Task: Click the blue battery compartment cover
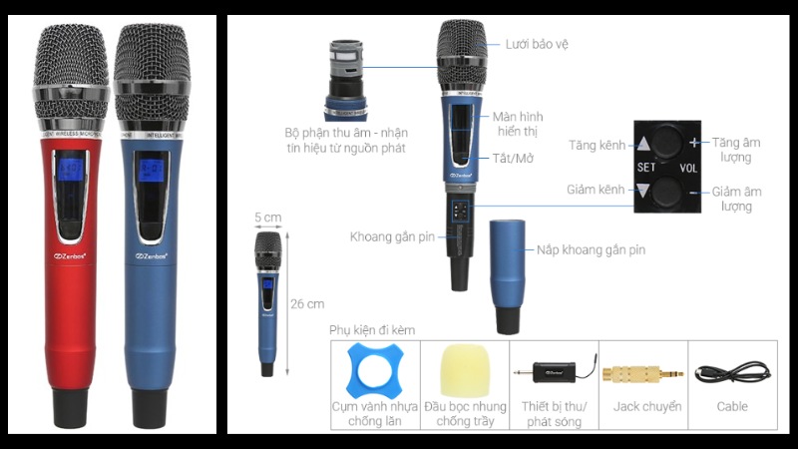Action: tap(512, 275)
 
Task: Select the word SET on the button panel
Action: tap(646, 167)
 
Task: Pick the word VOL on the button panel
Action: tap(688, 168)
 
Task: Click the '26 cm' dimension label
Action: tap(308, 304)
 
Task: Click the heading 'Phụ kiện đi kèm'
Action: tap(372, 329)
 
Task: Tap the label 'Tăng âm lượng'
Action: tap(739, 151)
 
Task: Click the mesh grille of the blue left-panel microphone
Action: tap(149, 60)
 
